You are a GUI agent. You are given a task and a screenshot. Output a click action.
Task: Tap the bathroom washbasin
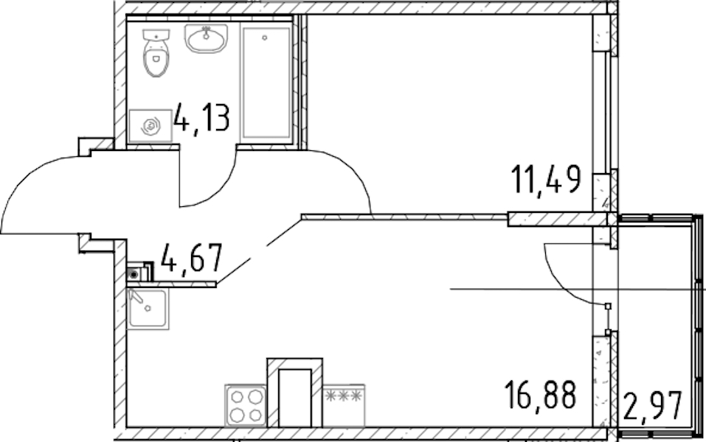(207, 38)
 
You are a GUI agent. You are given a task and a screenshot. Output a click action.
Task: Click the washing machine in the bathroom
(150, 126)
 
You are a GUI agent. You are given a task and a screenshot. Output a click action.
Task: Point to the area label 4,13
(201, 117)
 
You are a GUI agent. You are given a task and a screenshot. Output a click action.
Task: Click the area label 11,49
(546, 180)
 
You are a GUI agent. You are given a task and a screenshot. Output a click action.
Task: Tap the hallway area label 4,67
(192, 258)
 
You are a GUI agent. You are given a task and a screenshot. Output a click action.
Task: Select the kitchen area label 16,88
(540, 394)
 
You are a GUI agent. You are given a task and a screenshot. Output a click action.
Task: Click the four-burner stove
(246, 404)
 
